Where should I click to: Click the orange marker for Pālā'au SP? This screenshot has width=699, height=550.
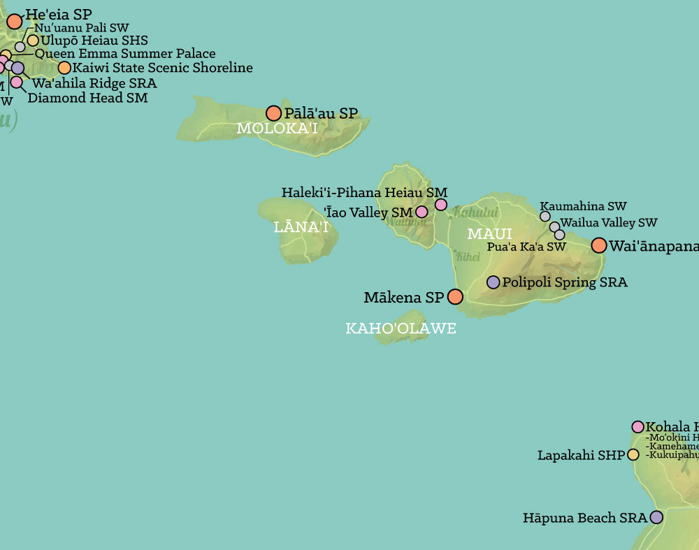[x=273, y=113]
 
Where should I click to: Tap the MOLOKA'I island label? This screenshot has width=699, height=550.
[x=277, y=129]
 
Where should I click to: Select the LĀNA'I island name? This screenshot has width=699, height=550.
[x=301, y=226]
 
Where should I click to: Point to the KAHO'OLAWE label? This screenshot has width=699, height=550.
[x=401, y=328]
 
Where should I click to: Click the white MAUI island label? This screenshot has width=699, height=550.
[x=489, y=234]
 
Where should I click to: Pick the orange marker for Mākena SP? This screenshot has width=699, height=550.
[x=455, y=297]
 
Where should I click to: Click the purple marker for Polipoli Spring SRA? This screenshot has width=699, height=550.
[x=493, y=282]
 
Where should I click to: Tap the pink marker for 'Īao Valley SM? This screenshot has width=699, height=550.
[x=421, y=212]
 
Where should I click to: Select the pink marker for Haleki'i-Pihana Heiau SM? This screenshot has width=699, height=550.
[x=441, y=204]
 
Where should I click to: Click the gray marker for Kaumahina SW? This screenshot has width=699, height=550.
[x=545, y=217]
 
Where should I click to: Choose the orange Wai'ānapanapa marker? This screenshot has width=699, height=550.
[x=599, y=245]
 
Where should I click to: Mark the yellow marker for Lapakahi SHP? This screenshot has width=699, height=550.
[x=633, y=455]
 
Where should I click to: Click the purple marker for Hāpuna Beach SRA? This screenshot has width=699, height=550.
[x=656, y=517]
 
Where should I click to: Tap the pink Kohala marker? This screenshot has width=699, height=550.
[x=637, y=426]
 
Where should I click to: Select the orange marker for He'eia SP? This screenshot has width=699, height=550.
[x=15, y=21]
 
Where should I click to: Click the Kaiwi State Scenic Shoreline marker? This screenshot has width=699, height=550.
[x=64, y=68]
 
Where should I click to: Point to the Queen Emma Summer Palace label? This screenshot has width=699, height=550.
[x=125, y=54]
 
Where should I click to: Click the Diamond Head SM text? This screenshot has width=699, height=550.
[x=87, y=98]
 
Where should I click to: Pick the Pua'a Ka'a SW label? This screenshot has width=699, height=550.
[x=526, y=247]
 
